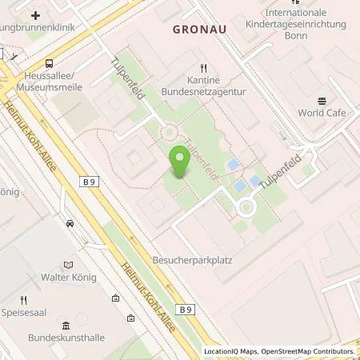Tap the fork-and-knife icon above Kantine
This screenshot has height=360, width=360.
[x=204, y=68]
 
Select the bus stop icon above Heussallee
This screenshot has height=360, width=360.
[x=50, y=63]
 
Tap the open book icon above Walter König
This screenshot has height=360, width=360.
[x=67, y=263]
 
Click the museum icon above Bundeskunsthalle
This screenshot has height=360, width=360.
[x=66, y=325]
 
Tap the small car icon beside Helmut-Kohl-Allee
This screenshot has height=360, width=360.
[x=70, y=223]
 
